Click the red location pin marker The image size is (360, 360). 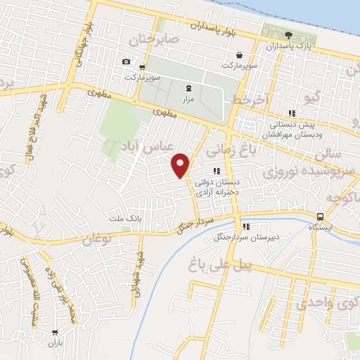point(181,165)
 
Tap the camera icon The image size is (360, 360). point(126,61)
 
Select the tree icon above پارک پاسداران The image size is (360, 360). point(288,35)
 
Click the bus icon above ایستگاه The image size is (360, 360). point(321,217)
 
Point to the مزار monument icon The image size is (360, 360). point(187,89)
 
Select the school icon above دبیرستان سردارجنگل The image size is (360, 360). point(245,226)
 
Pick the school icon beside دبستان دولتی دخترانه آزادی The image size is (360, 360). point(217,170)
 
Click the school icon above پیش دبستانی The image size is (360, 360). point(291,113)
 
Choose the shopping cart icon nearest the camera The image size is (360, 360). point(143,67)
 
